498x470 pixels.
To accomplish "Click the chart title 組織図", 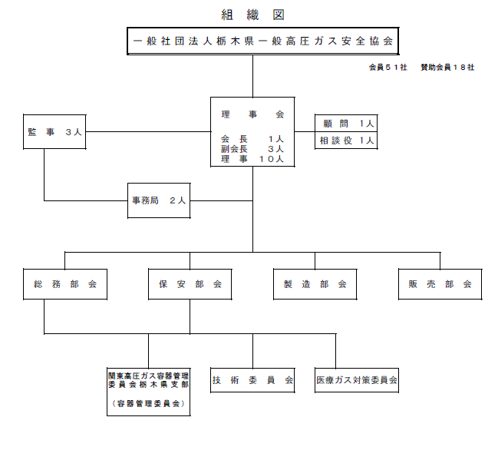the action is tap(252, 15).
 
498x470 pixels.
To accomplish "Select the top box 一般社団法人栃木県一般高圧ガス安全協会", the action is tap(263, 41).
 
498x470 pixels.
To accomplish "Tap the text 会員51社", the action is tap(388, 68).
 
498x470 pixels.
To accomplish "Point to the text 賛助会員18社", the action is tap(447, 68).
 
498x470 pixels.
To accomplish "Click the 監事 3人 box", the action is tap(54, 131).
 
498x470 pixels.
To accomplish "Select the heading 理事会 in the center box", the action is tap(252, 114).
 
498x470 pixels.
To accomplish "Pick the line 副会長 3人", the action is tap(252, 149).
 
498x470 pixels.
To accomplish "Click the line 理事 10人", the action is tap(252, 159).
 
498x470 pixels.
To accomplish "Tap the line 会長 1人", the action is tap(252, 139).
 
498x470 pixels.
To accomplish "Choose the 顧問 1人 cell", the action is tap(346, 123).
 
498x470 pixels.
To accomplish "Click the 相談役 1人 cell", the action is tap(346, 140).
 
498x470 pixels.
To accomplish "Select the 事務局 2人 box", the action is tap(159, 200).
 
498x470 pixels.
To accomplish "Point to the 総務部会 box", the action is tap(65, 284).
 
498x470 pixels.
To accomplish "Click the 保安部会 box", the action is tap(190, 284).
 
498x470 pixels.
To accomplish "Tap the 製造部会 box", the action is tap(315, 284).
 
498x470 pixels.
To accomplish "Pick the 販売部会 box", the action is tap(440, 284).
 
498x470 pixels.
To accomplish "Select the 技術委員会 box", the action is tap(252, 380).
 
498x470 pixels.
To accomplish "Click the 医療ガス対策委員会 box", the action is tap(357, 380).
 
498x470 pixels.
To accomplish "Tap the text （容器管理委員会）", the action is tap(148, 404).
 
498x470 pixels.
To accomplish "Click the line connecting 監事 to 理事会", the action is tap(148, 131).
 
